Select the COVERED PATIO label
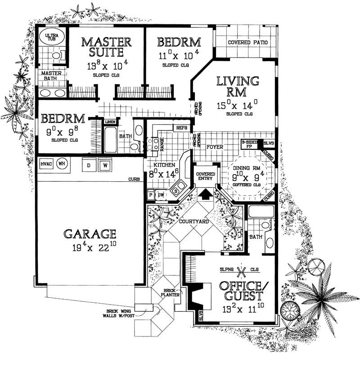coord(248,43)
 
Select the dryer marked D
coord(88,166)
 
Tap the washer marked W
coord(105,166)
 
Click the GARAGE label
coord(90,234)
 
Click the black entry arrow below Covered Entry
coord(205,193)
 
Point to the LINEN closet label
coord(109,122)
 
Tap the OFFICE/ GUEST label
coord(241,291)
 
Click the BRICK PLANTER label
coord(171,292)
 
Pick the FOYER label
coord(212,147)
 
